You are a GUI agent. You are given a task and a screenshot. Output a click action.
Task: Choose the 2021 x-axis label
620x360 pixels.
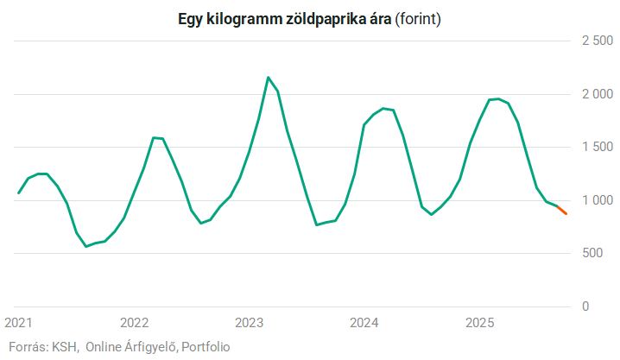[19, 323]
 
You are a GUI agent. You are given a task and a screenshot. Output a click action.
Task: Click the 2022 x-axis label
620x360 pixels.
[134, 323]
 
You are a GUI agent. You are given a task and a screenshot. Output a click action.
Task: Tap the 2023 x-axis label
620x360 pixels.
[249, 323]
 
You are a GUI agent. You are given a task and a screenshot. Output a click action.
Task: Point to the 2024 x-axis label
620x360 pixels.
[364, 323]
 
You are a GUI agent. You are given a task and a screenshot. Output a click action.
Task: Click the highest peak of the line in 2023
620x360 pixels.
[268, 78]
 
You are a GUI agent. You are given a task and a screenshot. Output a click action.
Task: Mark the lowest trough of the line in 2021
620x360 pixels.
[85, 246]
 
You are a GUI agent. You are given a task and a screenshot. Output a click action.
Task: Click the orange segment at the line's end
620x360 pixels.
[562, 210]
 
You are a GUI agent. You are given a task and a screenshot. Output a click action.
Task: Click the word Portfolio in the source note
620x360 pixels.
[206, 346]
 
